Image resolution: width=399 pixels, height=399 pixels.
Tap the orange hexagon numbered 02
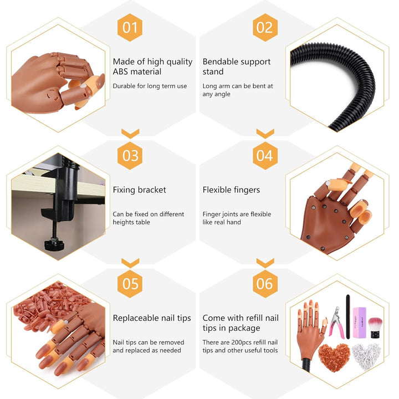click(x=265, y=27)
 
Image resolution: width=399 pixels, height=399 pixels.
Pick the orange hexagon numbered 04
click(x=265, y=156)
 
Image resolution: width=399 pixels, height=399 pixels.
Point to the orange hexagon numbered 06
click(x=265, y=284)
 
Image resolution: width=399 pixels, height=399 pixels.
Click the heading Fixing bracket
click(x=139, y=190)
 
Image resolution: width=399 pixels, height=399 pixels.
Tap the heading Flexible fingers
click(x=231, y=190)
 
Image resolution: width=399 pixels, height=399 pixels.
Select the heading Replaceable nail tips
click(x=152, y=318)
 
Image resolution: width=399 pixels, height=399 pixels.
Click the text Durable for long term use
click(x=150, y=86)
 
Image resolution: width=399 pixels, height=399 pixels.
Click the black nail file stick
click(x=348, y=316)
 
